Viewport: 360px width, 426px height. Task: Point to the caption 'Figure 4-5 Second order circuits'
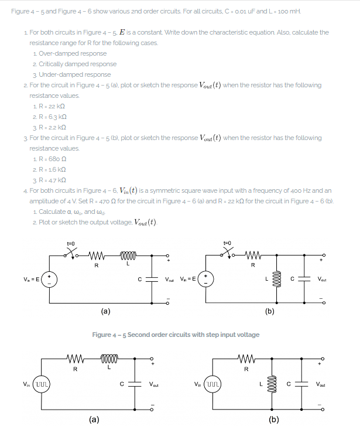click(176, 335)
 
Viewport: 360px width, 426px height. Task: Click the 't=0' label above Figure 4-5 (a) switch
click(71, 241)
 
